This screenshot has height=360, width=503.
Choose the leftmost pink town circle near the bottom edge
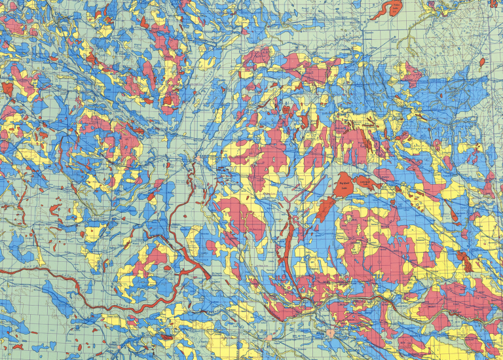tap(269, 337)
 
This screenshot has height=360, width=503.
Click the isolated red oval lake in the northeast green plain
tap(482, 62)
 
